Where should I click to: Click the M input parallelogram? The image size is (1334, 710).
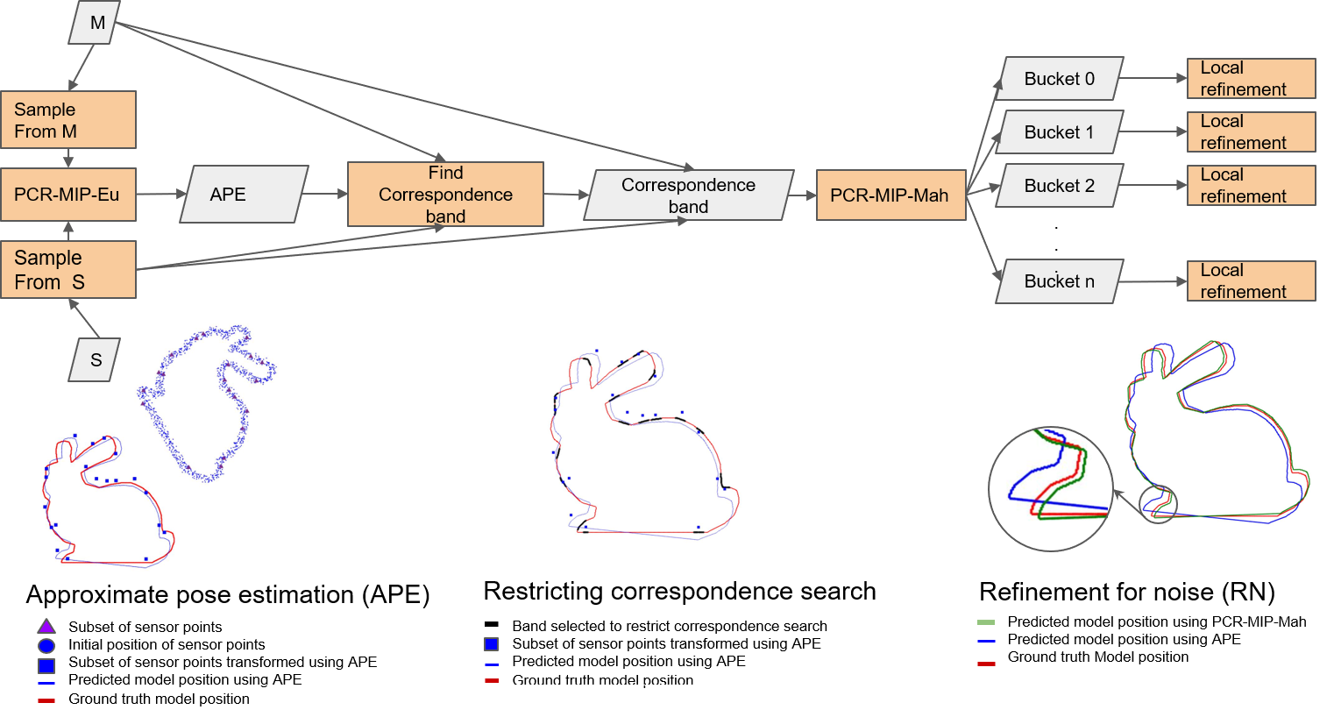pos(95,23)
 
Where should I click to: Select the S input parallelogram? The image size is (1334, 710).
pos(95,359)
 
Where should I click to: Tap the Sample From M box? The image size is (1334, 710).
pos(68,120)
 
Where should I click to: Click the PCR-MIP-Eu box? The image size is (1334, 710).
pos(68,195)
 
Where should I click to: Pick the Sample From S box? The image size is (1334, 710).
pos(68,269)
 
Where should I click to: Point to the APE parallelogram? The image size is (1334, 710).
pos(245,195)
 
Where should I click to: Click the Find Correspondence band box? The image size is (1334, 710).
pos(445,195)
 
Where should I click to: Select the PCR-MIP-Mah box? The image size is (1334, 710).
pos(891,195)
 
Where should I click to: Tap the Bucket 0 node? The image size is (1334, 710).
pos(1060,79)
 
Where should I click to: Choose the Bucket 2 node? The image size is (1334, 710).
pos(1060,185)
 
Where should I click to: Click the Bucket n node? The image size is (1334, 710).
pos(1060,281)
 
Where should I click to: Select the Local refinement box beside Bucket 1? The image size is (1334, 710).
pos(1252,131)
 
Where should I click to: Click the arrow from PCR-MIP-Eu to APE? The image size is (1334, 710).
pos(160,194)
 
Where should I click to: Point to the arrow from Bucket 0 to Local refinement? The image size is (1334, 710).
pos(1153,78)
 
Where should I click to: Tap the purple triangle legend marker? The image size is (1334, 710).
pos(46,626)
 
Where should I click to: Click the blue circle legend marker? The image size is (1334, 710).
pos(46,646)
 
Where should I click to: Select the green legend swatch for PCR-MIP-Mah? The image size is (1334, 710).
pos(986,622)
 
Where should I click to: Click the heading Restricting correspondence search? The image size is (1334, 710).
pos(679,591)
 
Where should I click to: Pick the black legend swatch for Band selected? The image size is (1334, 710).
pos(492,624)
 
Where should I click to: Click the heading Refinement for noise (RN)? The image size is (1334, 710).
pos(1127,592)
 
